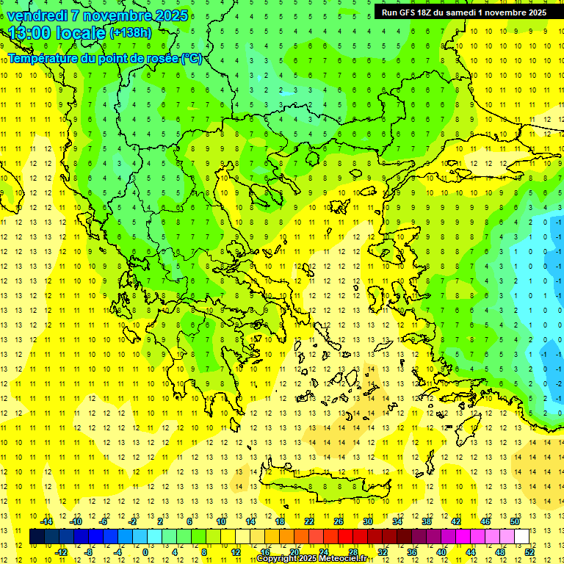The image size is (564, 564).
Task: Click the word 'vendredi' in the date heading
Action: point(37,15)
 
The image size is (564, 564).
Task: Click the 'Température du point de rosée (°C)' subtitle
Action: point(104,58)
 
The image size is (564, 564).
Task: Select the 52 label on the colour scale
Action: point(529,552)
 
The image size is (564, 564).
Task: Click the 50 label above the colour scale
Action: point(515,521)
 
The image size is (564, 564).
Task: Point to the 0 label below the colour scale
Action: point(145,552)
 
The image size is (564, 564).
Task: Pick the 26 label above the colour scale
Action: point(339,521)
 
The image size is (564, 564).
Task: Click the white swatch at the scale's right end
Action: point(521,537)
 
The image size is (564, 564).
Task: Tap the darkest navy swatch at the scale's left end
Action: point(37,537)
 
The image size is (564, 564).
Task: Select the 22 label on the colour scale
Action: point(309,521)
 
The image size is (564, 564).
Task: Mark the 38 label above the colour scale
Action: point(427,521)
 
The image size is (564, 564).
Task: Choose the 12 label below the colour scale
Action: point(235,552)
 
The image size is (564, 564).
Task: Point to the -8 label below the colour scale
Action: point(89,552)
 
